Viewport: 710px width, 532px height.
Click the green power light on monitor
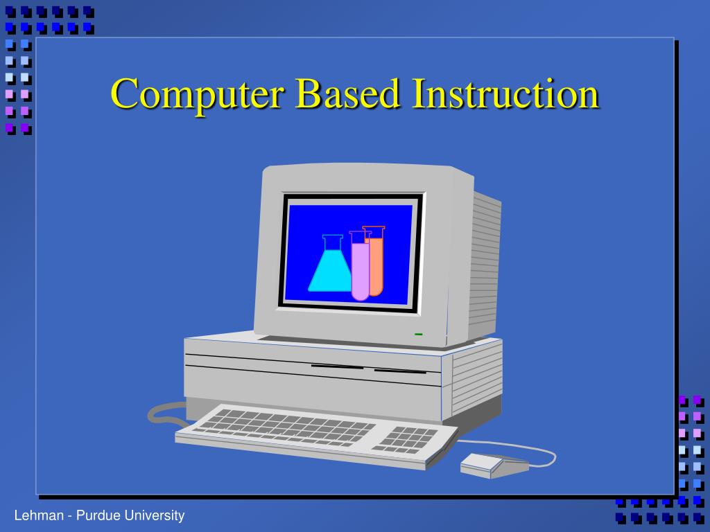click(x=419, y=334)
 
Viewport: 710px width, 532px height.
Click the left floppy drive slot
click(x=337, y=366)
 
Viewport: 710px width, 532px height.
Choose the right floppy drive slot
click(x=400, y=371)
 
